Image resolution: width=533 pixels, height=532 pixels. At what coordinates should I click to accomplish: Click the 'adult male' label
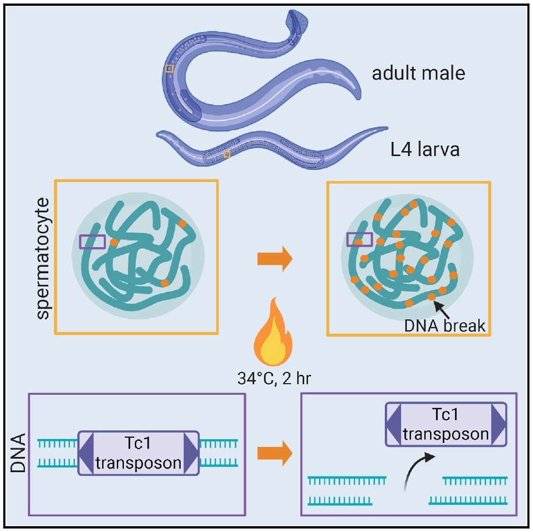(x=418, y=73)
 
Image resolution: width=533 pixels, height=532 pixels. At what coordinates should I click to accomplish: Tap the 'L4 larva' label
(x=425, y=149)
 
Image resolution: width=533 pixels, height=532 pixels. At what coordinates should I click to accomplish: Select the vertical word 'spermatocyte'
(x=43, y=258)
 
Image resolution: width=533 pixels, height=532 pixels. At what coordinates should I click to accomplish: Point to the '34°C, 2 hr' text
(x=274, y=379)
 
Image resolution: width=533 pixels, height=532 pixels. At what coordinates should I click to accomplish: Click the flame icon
(x=273, y=332)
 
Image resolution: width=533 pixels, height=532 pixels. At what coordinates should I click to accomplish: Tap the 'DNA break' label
(x=445, y=326)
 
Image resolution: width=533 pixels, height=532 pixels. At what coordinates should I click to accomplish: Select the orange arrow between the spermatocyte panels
(x=275, y=259)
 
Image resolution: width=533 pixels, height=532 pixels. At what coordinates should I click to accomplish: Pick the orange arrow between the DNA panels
(x=275, y=453)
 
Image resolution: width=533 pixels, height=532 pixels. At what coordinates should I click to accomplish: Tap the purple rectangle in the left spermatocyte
(x=92, y=242)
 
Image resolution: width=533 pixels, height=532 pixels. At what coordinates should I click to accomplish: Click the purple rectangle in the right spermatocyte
(x=360, y=240)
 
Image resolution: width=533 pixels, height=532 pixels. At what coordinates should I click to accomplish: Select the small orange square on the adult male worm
(x=169, y=69)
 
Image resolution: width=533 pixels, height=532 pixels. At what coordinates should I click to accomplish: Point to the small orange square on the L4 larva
(x=227, y=154)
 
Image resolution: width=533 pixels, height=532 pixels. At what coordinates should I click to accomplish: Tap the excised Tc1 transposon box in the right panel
(x=446, y=424)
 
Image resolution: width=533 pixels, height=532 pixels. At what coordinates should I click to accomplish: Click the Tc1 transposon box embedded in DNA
(x=138, y=453)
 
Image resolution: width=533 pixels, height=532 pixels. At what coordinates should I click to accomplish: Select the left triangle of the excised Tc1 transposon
(x=394, y=424)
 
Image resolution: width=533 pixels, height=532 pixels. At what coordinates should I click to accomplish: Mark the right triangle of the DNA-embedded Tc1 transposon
(x=191, y=453)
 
